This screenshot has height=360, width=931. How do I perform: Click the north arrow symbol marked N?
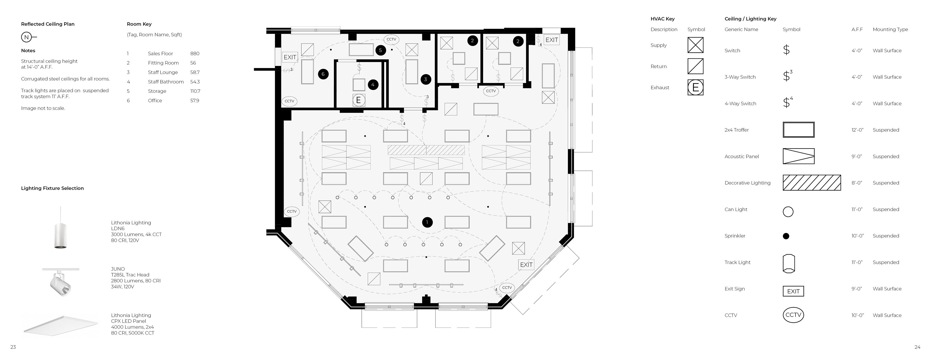pos(26,37)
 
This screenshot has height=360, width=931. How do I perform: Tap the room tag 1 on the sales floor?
pos(427,222)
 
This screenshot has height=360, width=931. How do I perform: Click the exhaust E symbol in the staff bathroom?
pos(359,100)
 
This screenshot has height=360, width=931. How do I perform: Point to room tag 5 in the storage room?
pos(380,50)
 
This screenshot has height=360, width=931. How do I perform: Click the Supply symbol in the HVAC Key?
pos(695,45)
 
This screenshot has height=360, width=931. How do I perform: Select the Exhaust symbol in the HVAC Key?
pos(695,88)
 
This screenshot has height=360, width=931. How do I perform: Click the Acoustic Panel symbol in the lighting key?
pos(798,156)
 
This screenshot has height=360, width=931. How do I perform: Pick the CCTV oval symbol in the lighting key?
pos(793,315)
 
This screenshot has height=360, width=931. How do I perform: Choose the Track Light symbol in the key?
pos(788,263)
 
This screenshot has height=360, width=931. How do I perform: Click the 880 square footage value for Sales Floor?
pos(195,54)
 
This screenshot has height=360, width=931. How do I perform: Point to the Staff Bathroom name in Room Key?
pos(166,82)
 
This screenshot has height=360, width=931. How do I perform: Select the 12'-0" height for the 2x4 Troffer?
pos(857,130)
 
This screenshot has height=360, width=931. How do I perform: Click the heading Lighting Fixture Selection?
pos(52,188)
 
